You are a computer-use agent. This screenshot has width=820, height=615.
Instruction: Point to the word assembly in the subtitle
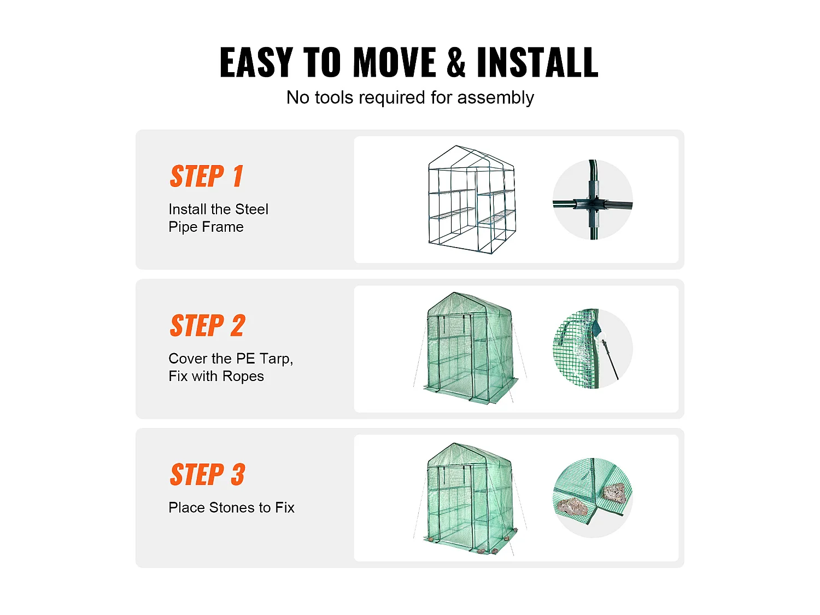click(x=495, y=98)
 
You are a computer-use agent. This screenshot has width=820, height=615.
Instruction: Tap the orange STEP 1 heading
click(x=206, y=176)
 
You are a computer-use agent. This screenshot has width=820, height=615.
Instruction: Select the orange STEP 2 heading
click(x=207, y=325)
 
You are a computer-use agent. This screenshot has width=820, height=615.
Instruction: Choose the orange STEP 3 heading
click(x=207, y=474)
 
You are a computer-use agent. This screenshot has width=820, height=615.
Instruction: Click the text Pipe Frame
click(x=206, y=227)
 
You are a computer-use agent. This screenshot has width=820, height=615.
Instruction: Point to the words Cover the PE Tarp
click(x=231, y=359)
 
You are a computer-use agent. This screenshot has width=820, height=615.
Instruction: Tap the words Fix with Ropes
click(x=216, y=377)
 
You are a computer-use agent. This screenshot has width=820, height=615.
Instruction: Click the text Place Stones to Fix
click(x=231, y=507)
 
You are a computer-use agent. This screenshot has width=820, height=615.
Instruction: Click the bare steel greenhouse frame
click(x=472, y=200)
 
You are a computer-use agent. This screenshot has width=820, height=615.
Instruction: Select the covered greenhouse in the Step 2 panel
click(x=470, y=348)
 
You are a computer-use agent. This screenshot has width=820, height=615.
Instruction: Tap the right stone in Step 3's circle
click(x=614, y=493)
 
